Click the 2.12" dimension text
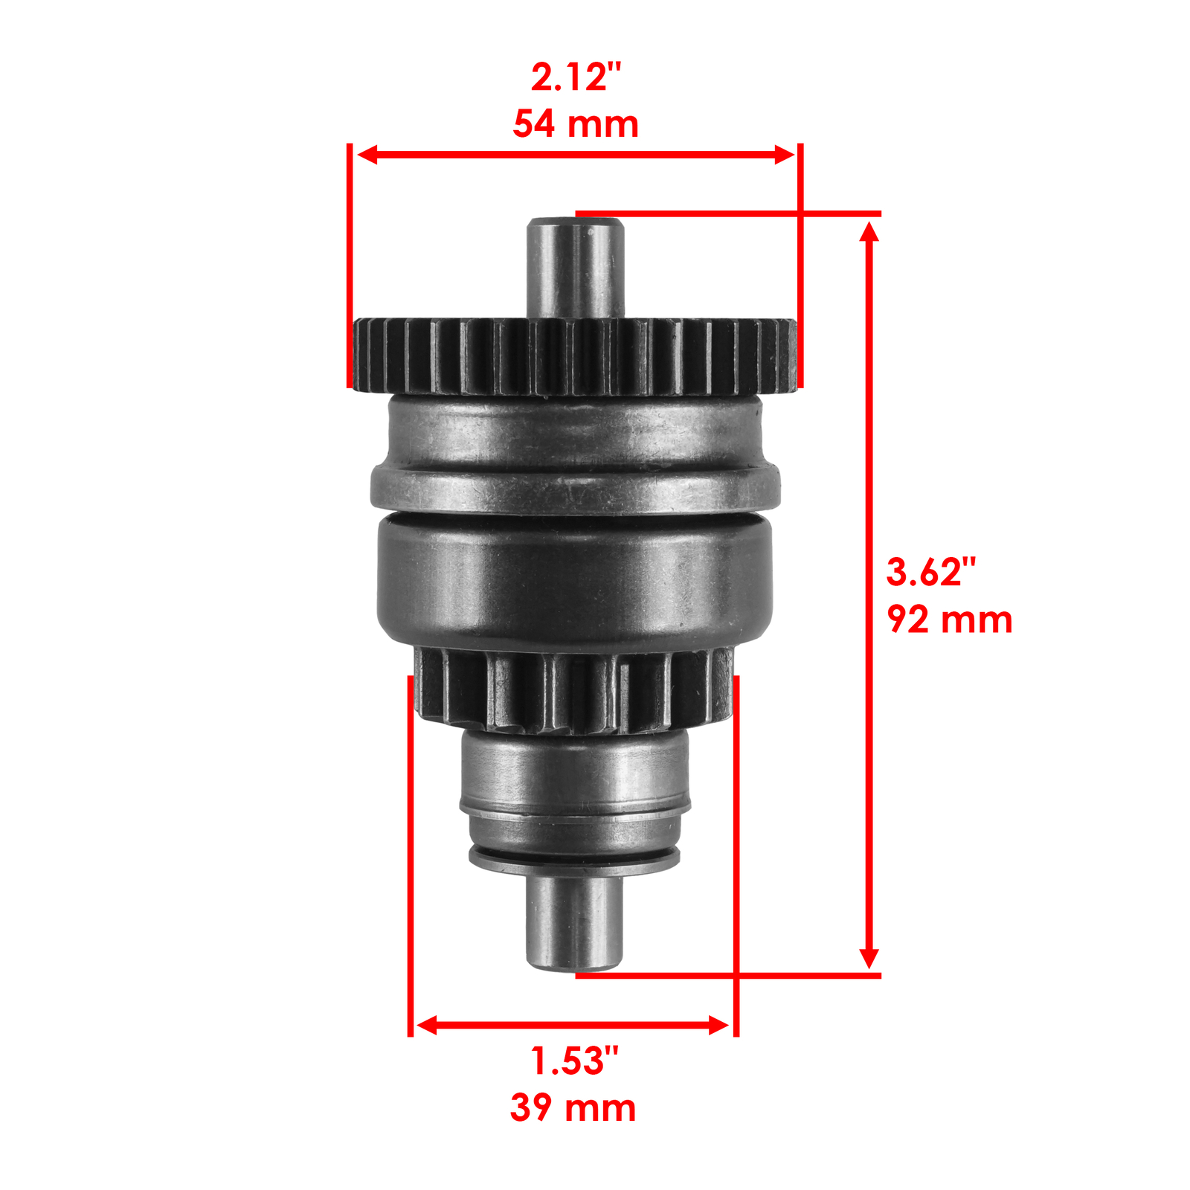(x=576, y=77)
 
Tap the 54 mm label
(x=576, y=124)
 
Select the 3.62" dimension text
(x=930, y=572)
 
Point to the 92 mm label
(x=950, y=620)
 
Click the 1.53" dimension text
(x=573, y=1061)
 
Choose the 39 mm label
(x=573, y=1108)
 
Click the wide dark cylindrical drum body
(x=573, y=580)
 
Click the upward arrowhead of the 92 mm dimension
(x=869, y=232)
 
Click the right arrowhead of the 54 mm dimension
(x=785, y=155)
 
